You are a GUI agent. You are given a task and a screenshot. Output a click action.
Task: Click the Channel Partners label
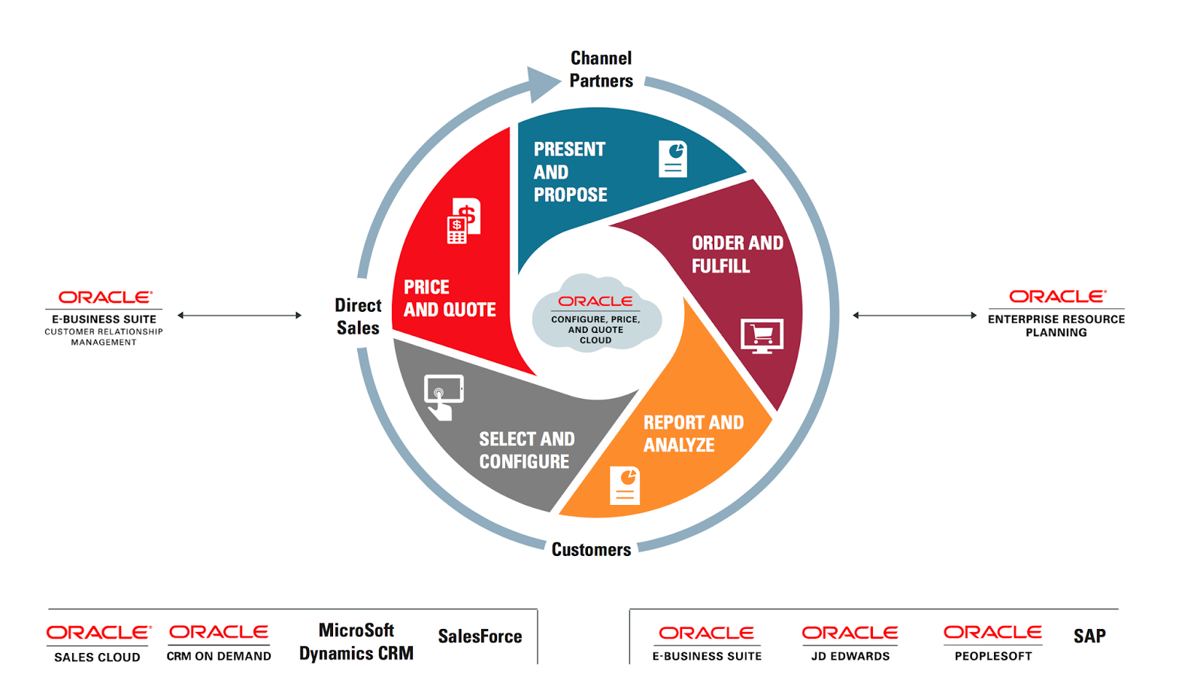click(x=601, y=69)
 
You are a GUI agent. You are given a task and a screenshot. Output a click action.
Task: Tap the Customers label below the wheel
click(x=591, y=549)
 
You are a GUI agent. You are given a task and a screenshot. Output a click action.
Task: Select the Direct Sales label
click(x=358, y=316)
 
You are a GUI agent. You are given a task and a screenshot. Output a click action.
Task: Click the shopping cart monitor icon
click(x=762, y=336)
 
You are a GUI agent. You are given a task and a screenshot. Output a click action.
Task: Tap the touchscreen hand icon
click(x=444, y=397)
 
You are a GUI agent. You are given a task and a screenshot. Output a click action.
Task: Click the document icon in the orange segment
click(x=625, y=485)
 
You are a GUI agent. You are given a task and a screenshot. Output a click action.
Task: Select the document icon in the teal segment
click(x=673, y=159)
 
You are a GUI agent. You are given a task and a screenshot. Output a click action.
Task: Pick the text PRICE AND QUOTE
click(x=449, y=298)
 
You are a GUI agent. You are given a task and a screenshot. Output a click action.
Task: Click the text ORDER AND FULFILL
click(x=737, y=254)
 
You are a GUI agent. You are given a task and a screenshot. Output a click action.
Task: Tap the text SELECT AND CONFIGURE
click(x=526, y=449)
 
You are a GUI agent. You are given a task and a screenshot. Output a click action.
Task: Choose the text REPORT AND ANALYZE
click(x=692, y=434)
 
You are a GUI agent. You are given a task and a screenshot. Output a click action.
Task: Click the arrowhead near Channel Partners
click(x=542, y=83)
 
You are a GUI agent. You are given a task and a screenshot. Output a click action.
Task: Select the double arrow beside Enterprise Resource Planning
click(x=914, y=316)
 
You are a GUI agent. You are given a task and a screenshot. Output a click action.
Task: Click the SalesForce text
click(x=480, y=636)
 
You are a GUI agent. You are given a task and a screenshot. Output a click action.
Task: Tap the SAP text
click(x=1089, y=636)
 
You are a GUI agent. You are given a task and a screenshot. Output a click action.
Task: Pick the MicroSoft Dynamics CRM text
click(x=356, y=642)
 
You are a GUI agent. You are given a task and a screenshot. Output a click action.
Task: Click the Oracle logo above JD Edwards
click(x=850, y=633)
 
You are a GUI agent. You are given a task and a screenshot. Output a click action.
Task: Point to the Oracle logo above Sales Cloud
click(x=98, y=633)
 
